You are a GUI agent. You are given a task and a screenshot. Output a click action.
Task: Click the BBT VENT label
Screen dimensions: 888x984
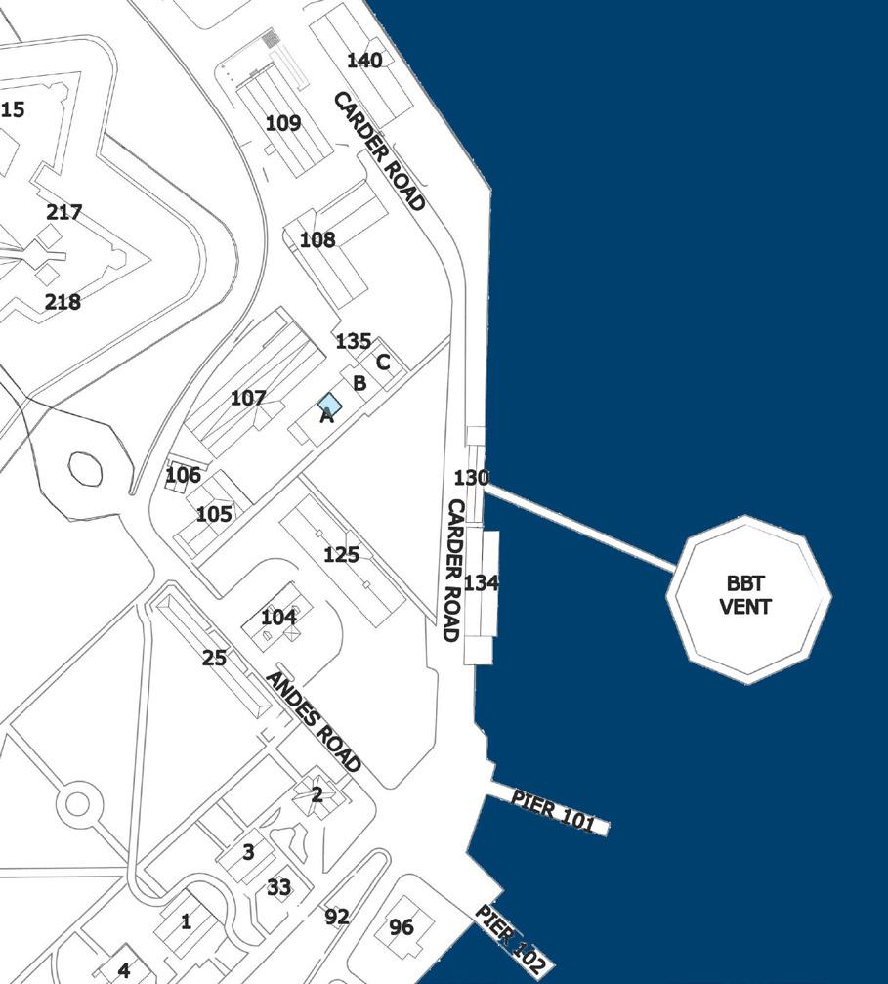pyautogui.click(x=745, y=595)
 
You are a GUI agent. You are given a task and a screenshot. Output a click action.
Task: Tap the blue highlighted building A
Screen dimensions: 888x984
pyautogui.click(x=329, y=405)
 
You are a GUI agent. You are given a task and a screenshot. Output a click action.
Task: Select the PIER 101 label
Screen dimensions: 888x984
pyautogui.click(x=553, y=811)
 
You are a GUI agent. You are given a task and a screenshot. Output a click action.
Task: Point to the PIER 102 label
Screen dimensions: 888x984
pyautogui.click(x=509, y=938)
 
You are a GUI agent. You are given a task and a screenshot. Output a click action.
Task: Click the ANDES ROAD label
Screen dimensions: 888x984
pyautogui.click(x=313, y=722)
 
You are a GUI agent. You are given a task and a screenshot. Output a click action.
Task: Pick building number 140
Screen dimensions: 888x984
pyautogui.click(x=364, y=61)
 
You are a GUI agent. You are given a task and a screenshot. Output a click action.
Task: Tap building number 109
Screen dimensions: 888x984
pyautogui.click(x=283, y=123)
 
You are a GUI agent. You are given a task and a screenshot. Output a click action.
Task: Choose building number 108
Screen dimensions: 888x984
pyautogui.click(x=317, y=239)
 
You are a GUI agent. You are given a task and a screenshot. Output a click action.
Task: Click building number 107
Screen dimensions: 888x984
pyautogui.click(x=248, y=398)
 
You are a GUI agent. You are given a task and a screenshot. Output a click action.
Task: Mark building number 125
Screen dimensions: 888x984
pyautogui.click(x=341, y=555)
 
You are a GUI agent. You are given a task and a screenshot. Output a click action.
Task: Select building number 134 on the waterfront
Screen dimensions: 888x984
pyautogui.click(x=482, y=583)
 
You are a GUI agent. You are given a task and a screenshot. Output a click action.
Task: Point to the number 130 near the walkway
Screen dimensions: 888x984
pyautogui.click(x=471, y=478)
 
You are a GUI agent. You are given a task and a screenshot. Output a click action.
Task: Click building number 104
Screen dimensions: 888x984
pyautogui.click(x=278, y=618)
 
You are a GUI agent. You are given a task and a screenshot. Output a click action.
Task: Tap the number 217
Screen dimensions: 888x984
pyautogui.click(x=64, y=212)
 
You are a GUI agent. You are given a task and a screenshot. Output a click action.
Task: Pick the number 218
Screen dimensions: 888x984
pyautogui.click(x=63, y=302)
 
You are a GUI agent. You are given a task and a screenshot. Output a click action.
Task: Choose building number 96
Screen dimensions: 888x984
pyautogui.click(x=402, y=927)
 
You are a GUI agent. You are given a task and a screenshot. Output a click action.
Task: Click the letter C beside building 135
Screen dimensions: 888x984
pyautogui.click(x=383, y=363)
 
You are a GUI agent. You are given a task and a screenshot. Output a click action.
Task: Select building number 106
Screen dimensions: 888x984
pyautogui.click(x=183, y=475)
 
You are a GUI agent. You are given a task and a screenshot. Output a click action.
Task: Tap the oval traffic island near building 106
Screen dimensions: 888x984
pyautogui.click(x=85, y=470)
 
